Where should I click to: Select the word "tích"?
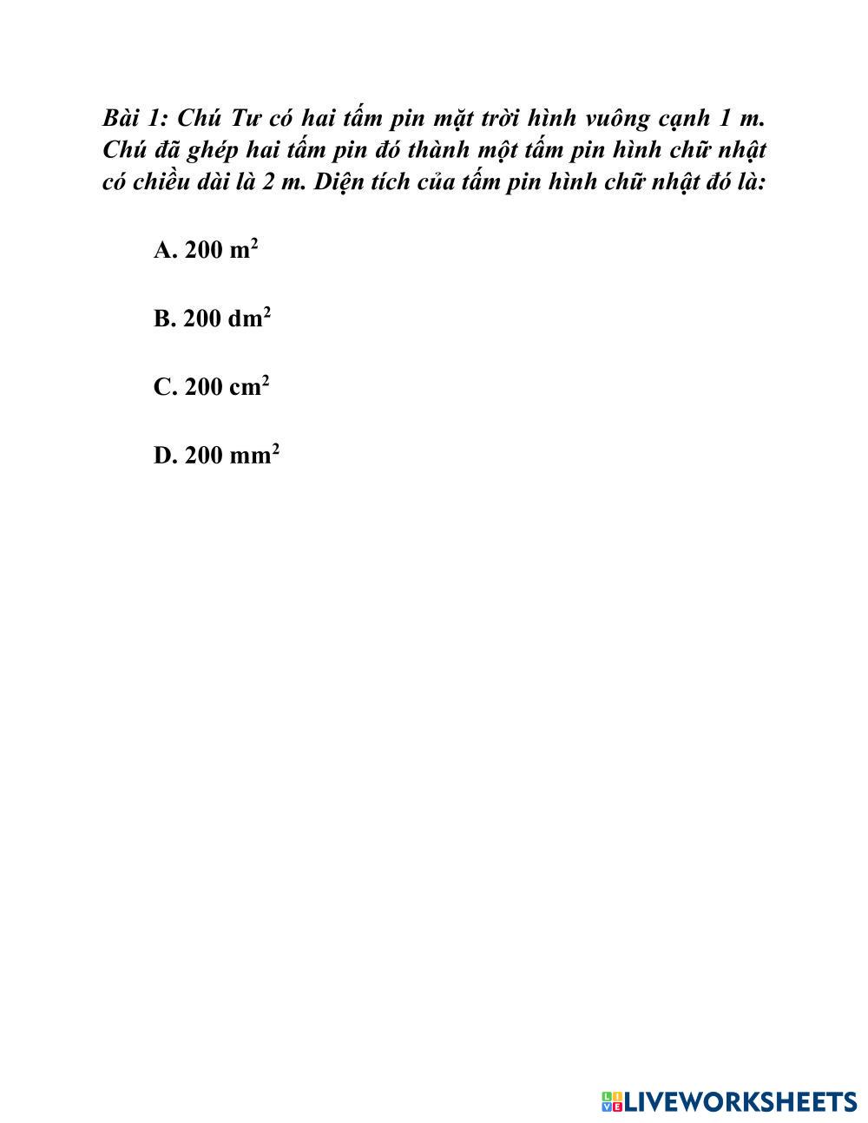click(x=392, y=183)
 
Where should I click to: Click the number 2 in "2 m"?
click(x=268, y=183)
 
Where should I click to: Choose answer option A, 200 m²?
click(x=206, y=250)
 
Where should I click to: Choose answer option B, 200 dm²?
click(x=212, y=319)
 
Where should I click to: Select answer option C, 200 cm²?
click(x=211, y=386)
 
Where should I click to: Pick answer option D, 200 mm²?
click(x=216, y=455)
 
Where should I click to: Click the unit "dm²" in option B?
click(x=250, y=318)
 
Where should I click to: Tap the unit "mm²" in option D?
click(x=254, y=454)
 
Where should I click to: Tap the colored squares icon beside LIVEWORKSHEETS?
click(x=612, y=1102)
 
